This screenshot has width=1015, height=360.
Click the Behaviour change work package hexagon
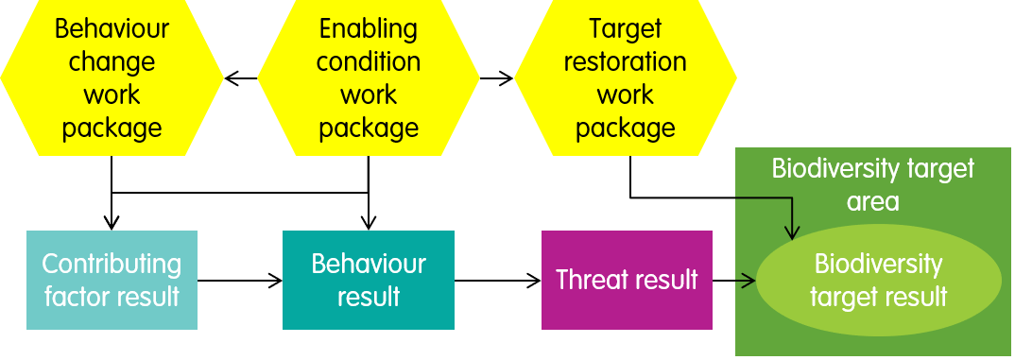pos(112,77)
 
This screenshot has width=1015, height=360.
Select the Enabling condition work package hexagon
pos(368,77)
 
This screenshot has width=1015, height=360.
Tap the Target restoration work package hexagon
pos(625,77)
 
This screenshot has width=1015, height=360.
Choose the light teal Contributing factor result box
pos(112,280)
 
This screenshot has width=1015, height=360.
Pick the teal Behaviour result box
pos(369,280)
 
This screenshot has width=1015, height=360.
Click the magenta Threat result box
pos(627,280)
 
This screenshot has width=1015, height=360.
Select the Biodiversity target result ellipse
pos(878,280)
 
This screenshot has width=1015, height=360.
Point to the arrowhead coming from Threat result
pos(751,280)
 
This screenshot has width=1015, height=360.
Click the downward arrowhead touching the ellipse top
pos(794,232)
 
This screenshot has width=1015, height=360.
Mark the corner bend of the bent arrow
pos(794,198)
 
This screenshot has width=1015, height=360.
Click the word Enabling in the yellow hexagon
pos(369,28)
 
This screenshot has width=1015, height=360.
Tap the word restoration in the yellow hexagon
pos(625,62)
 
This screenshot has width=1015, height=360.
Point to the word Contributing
pos(112,264)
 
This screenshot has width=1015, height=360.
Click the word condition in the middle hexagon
pos(369,62)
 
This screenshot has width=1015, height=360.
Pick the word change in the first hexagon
pos(112,62)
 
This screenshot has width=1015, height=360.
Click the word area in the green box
pos(873,202)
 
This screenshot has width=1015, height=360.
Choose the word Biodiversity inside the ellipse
pos(878,264)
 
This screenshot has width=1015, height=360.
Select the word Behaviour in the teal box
pos(369,264)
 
